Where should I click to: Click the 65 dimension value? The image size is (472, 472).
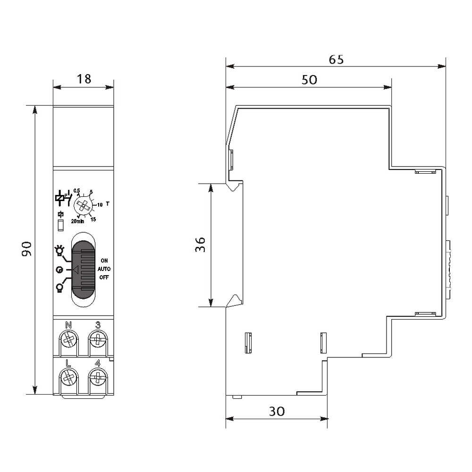click(x=336, y=59)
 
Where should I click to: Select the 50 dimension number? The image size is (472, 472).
click(x=310, y=80)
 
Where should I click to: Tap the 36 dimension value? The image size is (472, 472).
click(x=200, y=244)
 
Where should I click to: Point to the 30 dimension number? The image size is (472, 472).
click(x=277, y=411)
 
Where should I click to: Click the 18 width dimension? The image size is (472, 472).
click(x=84, y=79)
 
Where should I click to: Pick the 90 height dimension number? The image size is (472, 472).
click(x=27, y=249)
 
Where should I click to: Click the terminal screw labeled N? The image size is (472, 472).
click(x=68, y=340)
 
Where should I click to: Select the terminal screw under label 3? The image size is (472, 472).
click(x=98, y=340)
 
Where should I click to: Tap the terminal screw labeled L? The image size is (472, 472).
click(x=68, y=378)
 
